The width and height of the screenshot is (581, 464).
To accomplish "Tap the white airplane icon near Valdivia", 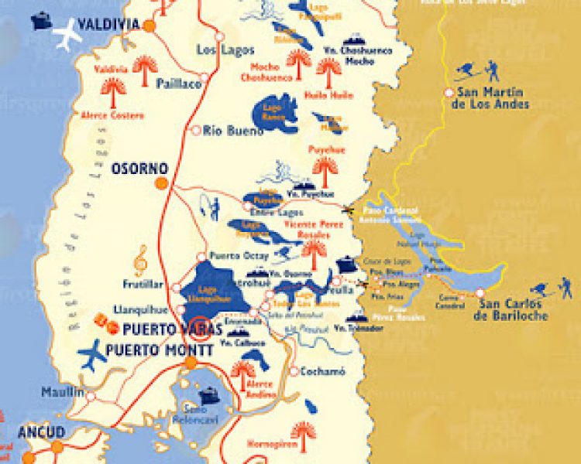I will tap(67, 35).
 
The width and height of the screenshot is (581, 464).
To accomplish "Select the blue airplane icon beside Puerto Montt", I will tap(93, 355).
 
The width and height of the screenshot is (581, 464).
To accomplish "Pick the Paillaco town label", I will tap(178, 83).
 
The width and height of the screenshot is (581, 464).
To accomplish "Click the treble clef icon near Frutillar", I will tap(140, 261).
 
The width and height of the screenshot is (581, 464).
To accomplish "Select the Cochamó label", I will tap(321, 371).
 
